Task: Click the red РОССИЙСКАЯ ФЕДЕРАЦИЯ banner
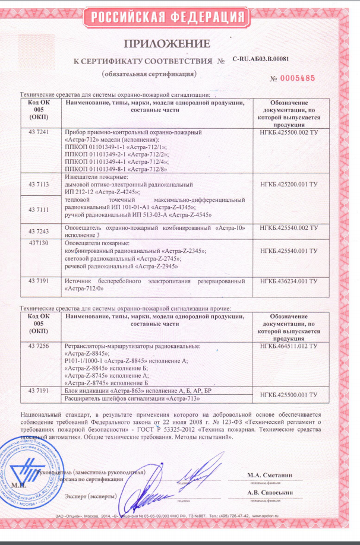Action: click(178, 17)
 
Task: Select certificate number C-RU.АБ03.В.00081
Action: click(261, 60)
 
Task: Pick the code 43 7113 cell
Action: click(39, 185)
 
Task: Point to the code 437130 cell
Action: click(39, 243)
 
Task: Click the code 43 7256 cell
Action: click(39, 346)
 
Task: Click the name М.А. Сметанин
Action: click(271, 475)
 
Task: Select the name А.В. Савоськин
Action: click(271, 493)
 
